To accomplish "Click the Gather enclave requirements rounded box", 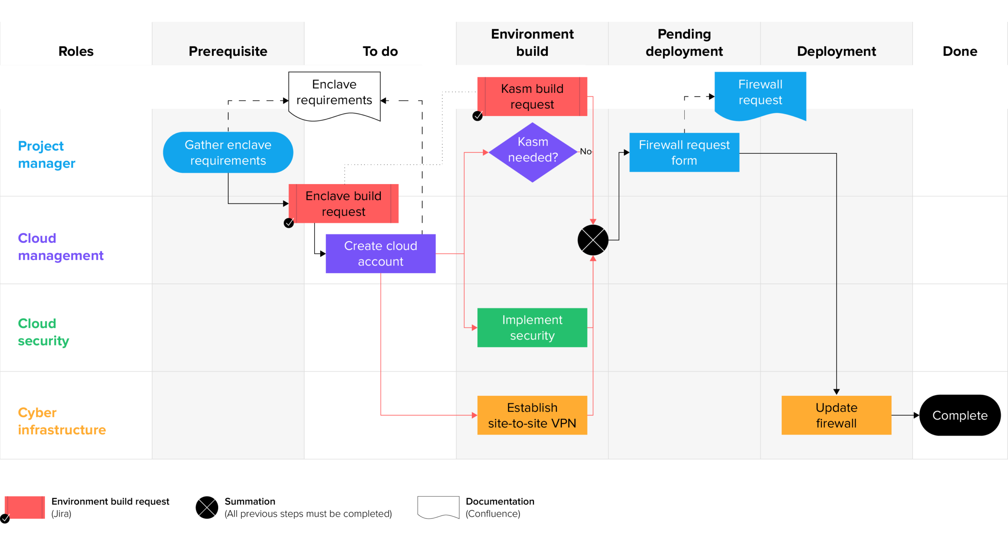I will pos(228,152).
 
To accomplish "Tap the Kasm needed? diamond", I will pos(532,152).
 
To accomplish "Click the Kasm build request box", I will pos(532,96).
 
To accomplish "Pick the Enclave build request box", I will pos(343,203).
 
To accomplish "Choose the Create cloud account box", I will pos(380,253).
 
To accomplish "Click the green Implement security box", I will pos(532,327).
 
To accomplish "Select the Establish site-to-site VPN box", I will pos(532,415).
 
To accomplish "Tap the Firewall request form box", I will pos(684,152).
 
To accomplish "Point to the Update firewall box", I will pos(836,415).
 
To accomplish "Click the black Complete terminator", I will pos(960,415).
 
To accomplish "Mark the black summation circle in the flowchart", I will pos(593,240).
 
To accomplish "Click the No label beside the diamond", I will pos(586,151).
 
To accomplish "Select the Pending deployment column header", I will pos(684,42).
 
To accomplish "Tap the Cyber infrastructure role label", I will pos(62,421).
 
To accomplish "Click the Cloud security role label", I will pos(43,332).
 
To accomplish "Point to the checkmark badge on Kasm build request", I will pos(477,116).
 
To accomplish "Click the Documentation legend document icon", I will pos(438,507).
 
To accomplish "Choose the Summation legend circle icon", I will pos(207,507).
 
